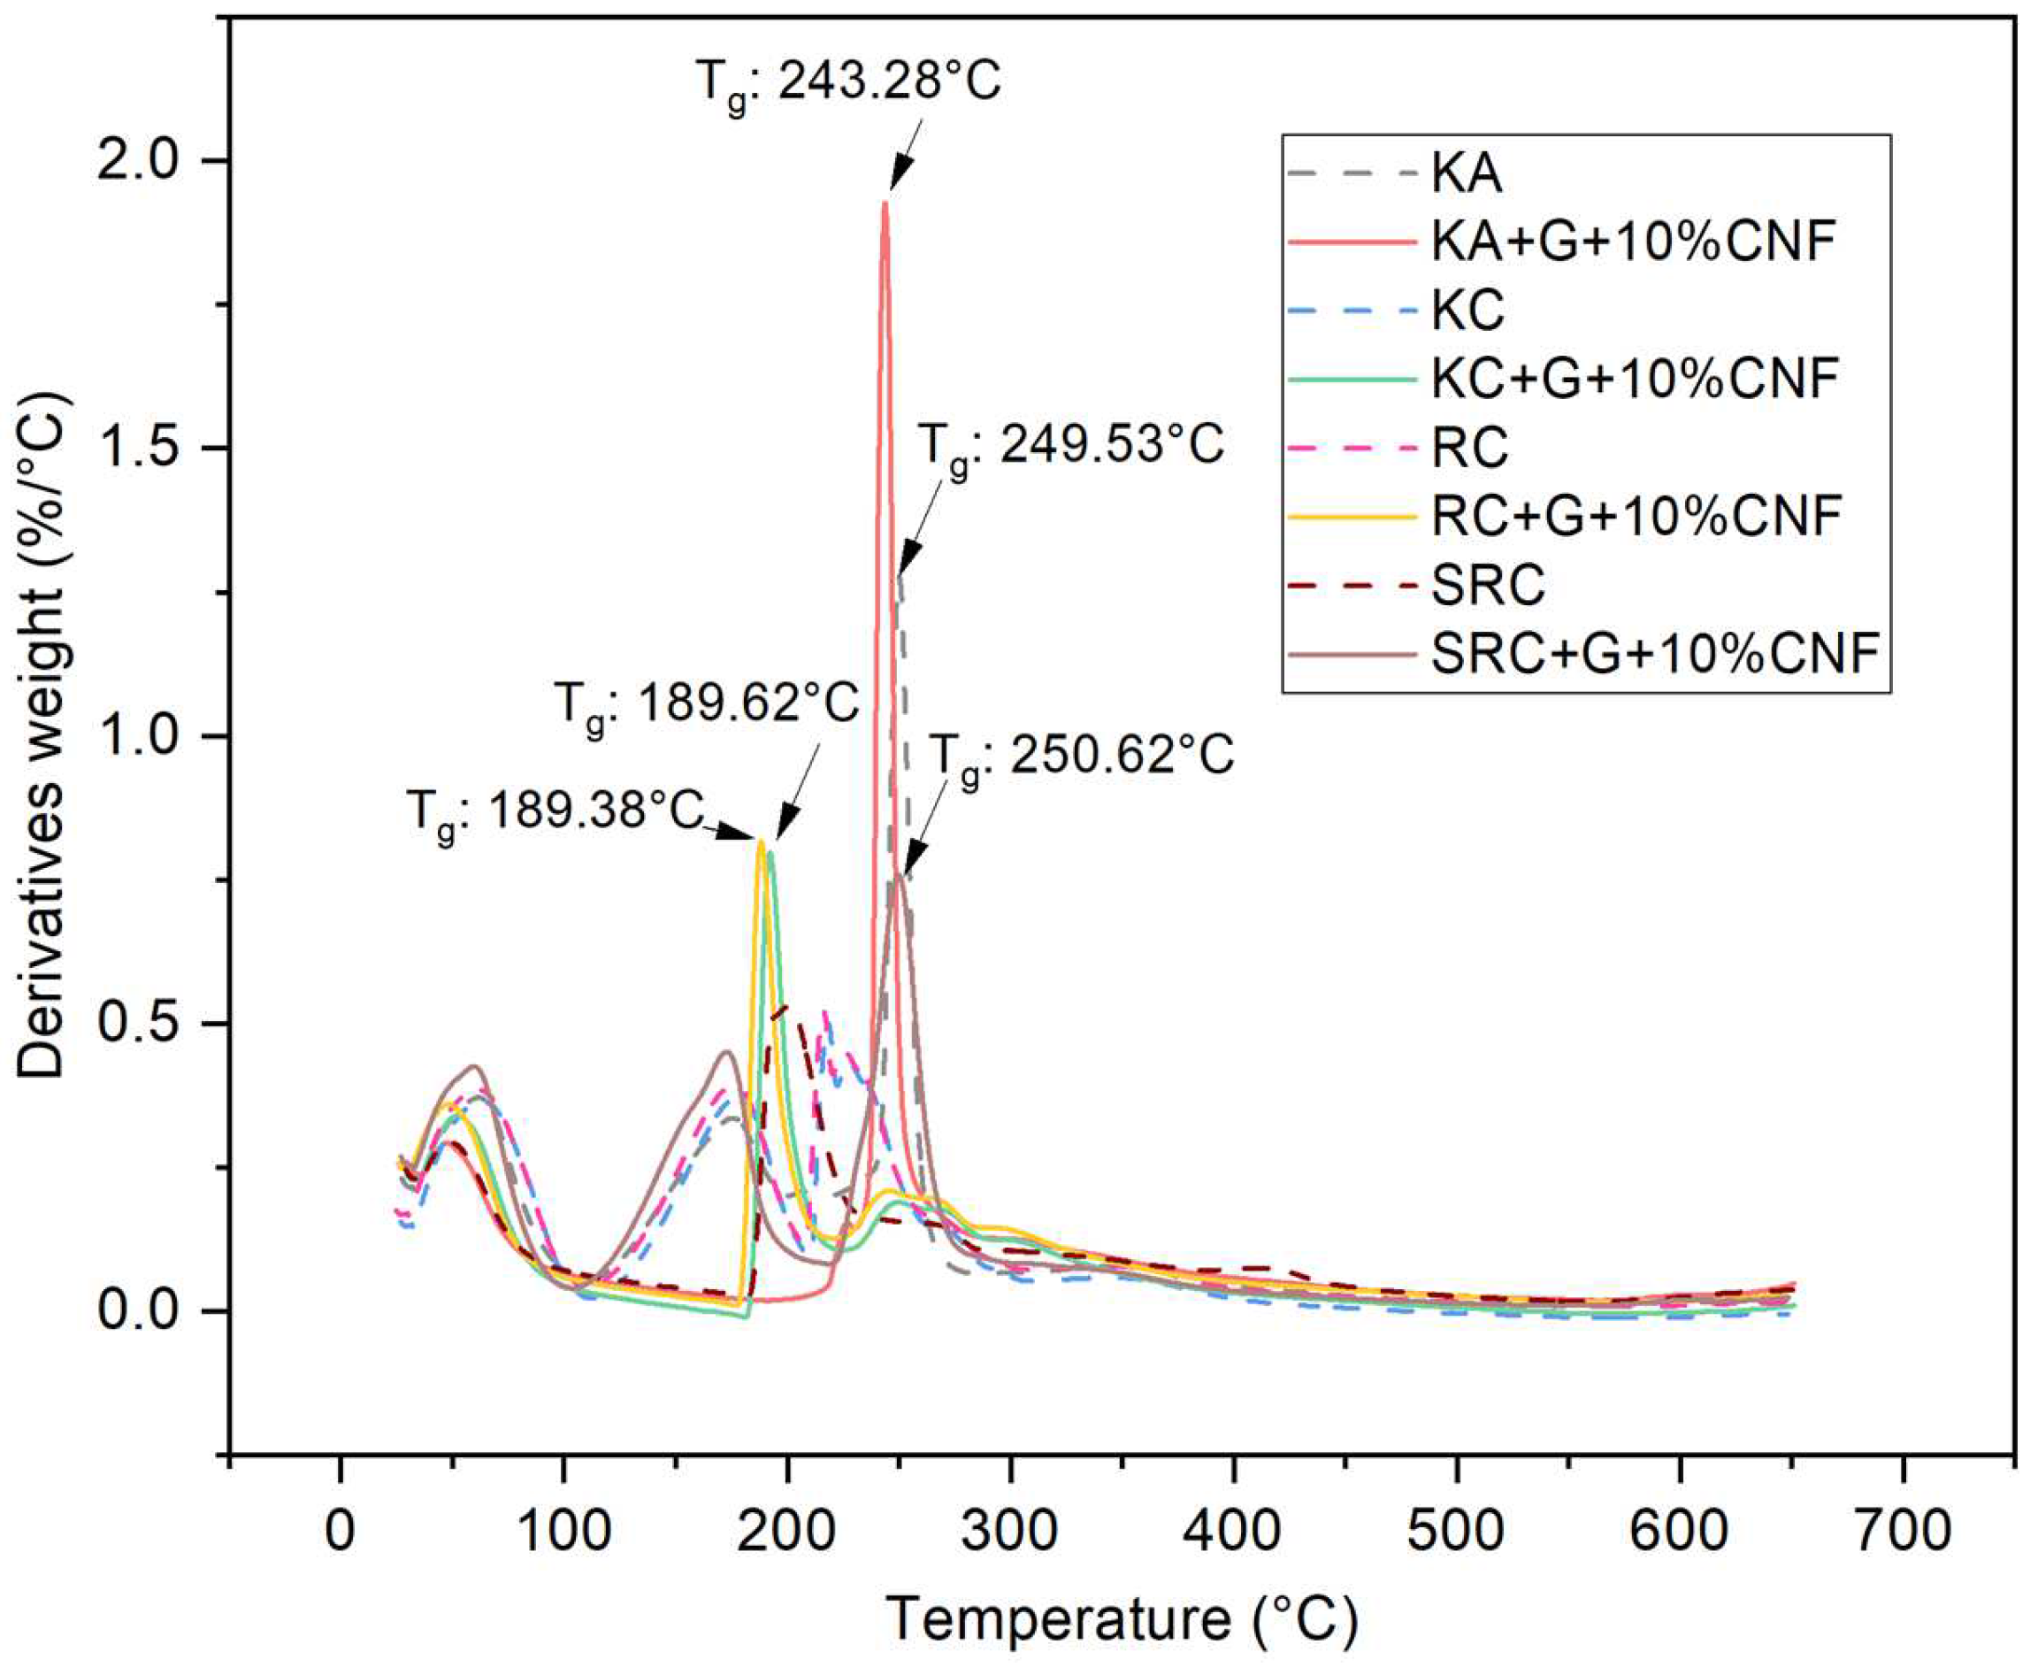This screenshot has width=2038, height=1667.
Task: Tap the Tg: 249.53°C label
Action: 1070,447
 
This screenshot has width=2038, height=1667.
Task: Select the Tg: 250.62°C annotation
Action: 1082,756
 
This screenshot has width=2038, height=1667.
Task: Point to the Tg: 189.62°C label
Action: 706,703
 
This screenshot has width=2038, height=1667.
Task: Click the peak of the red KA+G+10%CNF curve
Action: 885,203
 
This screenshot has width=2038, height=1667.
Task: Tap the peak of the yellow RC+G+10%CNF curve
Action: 761,841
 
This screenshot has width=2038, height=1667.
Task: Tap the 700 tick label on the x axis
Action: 1902,1530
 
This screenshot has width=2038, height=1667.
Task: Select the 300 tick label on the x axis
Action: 1009,1530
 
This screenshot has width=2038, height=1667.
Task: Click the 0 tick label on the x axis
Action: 340,1530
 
